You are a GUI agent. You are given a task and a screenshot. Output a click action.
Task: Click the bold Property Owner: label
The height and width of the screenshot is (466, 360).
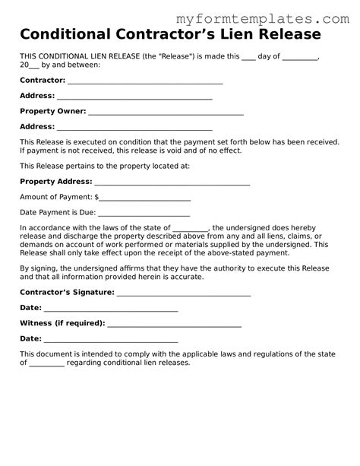(x=52, y=111)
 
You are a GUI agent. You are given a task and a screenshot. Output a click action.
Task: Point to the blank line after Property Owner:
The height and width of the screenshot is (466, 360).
(x=166, y=113)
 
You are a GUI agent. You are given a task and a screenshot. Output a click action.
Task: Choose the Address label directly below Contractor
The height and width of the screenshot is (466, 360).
(x=36, y=96)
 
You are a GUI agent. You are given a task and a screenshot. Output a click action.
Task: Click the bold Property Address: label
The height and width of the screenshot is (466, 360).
(x=55, y=181)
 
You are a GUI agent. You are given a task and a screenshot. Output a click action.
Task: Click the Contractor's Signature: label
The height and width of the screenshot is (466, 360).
(x=65, y=292)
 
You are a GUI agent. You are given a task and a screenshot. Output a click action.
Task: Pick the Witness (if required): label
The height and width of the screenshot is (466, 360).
(x=62, y=323)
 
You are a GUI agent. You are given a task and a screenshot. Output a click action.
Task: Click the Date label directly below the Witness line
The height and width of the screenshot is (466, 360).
(x=30, y=338)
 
